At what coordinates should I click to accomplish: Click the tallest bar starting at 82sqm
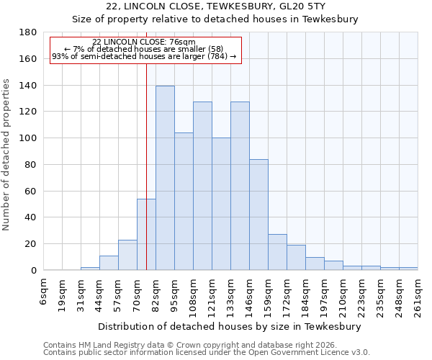(165, 178)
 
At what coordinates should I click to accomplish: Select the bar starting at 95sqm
(184, 202)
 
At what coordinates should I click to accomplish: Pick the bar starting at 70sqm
(146, 234)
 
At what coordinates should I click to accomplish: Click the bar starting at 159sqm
(277, 252)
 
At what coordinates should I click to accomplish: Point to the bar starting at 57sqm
(127, 255)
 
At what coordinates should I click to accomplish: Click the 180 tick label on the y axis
(29, 32)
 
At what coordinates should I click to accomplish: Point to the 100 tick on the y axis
(29, 138)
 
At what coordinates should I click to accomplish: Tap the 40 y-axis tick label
(32, 217)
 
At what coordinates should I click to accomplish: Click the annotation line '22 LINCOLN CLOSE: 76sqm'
(144, 42)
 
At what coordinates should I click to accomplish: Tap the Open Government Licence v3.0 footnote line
(207, 353)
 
